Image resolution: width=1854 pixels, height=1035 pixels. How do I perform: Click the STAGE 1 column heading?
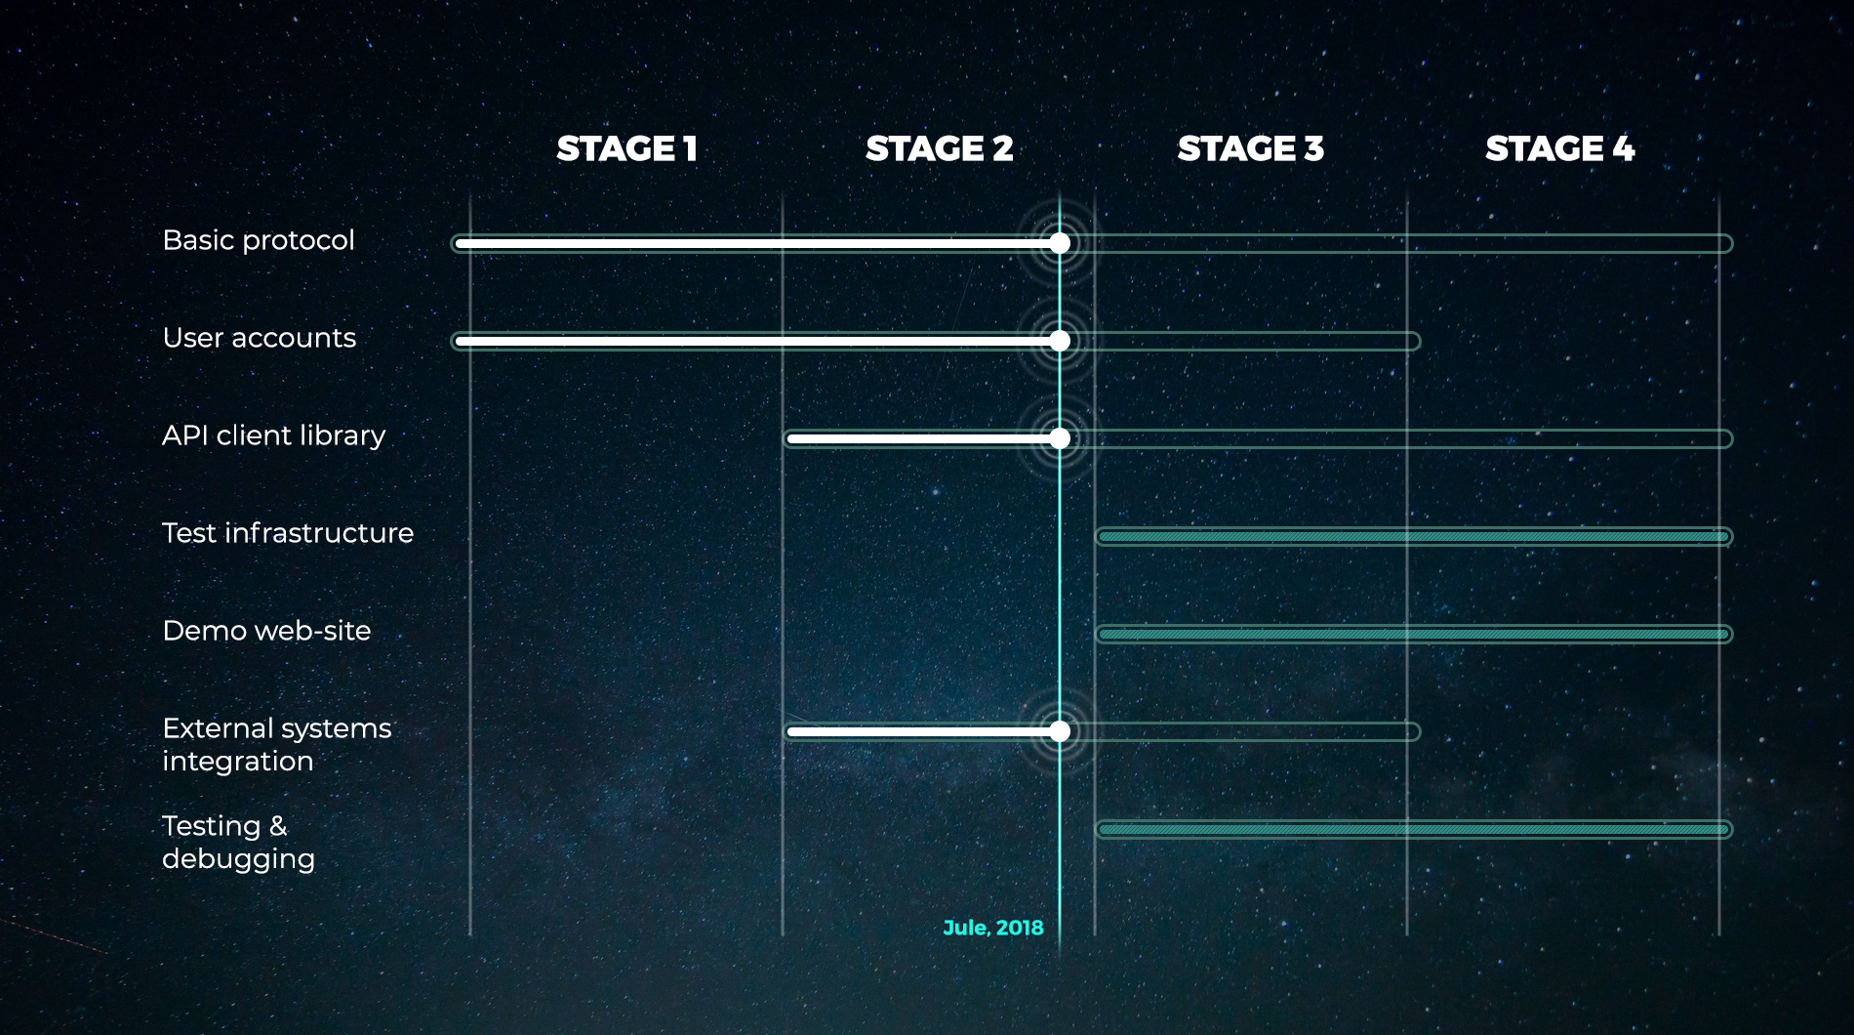coord(626,148)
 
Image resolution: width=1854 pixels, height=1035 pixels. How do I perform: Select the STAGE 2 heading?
coord(939,148)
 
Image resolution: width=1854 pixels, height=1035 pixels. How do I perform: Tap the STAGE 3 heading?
coord(1250,148)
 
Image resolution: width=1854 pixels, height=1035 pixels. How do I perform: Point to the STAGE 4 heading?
coord(1559,148)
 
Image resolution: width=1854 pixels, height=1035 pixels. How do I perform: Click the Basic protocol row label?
coord(259,240)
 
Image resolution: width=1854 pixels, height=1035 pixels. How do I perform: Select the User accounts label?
coord(259,338)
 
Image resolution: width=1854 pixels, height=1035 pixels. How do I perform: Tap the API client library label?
coord(273,435)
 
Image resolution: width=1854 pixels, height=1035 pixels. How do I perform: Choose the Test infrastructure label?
coord(288,533)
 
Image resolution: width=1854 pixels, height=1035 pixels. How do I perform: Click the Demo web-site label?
coord(266,631)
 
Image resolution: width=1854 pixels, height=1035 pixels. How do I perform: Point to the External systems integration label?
coord(277,744)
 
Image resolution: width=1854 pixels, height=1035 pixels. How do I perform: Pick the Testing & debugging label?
coord(238,842)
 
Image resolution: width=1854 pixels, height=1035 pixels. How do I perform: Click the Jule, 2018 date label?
coord(992,928)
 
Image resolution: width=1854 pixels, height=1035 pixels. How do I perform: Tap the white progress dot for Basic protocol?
coord(1060,243)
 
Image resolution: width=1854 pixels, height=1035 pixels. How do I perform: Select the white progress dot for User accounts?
coord(1060,341)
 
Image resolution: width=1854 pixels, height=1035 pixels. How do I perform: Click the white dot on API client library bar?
coord(1060,438)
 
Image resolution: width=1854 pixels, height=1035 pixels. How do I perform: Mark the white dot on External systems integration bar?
coord(1060,731)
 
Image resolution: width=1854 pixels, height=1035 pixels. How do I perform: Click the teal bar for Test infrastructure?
coord(1414,536)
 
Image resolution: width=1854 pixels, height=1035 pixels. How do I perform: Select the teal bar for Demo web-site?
coord(1414,634)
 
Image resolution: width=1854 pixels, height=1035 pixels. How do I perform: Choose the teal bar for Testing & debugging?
coord(1414,829)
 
